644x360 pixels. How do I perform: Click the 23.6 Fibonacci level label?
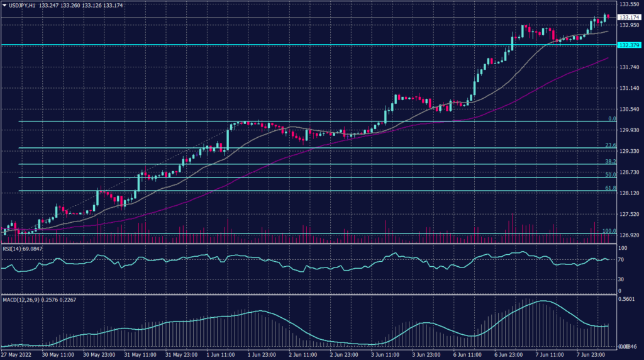click(609, 145)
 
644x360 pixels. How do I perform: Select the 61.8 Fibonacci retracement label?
click(609, 188)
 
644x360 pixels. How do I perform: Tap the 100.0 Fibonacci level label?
click(608, 231)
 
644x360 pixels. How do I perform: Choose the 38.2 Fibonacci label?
click(609, 161)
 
